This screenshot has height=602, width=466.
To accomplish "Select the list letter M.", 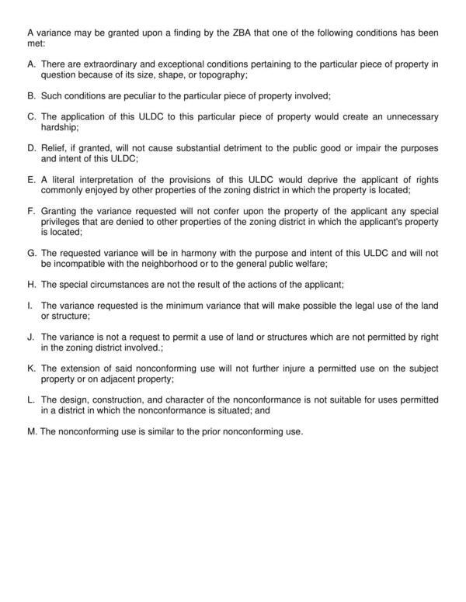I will click(x=31, y=431).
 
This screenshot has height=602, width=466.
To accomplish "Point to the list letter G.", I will click(x=31, y=252).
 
